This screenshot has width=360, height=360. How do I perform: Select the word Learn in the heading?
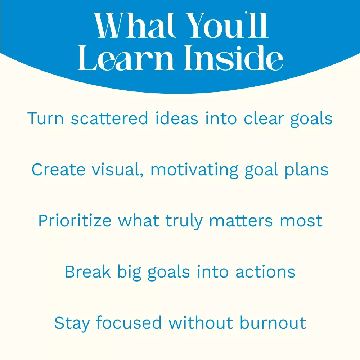click(126, 58)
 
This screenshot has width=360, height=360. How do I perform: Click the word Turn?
click(45, 118)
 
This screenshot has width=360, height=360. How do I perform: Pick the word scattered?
click(109, 118)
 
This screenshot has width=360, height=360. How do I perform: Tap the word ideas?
click(176, 118)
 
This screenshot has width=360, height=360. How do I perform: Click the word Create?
click(58, 170)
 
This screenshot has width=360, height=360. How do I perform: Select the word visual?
click(118, 170)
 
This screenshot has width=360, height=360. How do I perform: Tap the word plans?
click(306, 171)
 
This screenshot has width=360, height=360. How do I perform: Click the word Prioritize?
click(75, 221)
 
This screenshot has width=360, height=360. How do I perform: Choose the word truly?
click(184, 221)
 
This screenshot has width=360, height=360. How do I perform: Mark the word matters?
click(241, 221)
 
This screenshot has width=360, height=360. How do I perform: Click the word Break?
click(88, 272)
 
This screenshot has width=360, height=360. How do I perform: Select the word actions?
click(265, 272)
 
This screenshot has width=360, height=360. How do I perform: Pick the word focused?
click(129, 323)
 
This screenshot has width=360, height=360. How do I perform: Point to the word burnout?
click(273, 323)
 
